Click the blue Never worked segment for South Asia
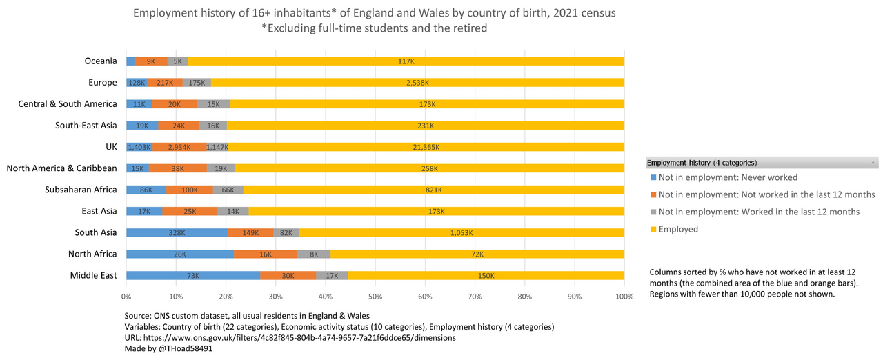coord(177,232)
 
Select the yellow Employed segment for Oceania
coord(406,61)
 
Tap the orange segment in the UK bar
coord(179,147)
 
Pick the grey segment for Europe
coord(197,83)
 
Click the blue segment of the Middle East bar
coord(193,275)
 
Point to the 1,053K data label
coord(462,232)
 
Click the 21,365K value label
coord(426,147)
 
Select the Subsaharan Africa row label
coord(81,190)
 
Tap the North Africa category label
coord(92,254)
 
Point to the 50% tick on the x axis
coord(375,297)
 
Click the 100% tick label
coord(624,297)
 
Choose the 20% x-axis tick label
coord(226,297)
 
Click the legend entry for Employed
coord(678,229)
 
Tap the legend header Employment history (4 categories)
coord(702,163)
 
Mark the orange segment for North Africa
coord(266,254)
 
